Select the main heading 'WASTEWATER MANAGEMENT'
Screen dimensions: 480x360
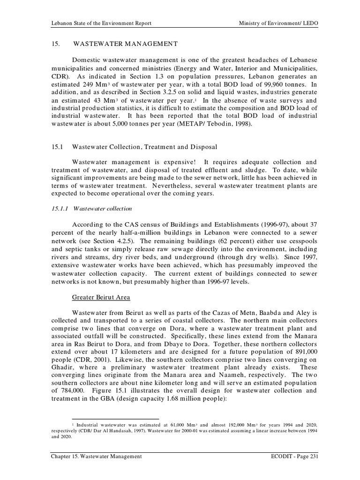(x=126, y=44)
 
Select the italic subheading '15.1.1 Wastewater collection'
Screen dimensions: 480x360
(x=91, y=208)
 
